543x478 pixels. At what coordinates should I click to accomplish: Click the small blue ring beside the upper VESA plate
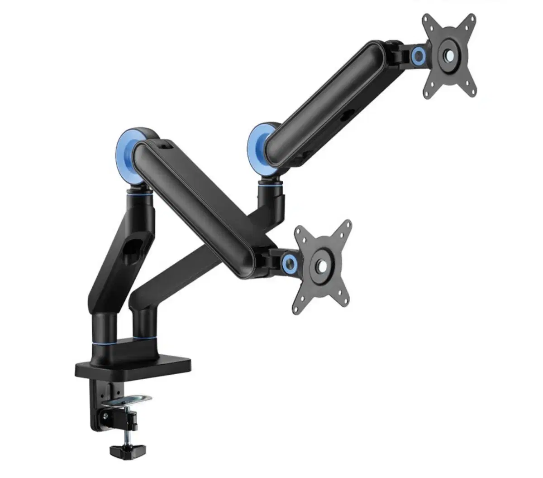[x=419, y=56]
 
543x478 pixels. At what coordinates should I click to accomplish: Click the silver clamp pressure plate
[x=127, y=400]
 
